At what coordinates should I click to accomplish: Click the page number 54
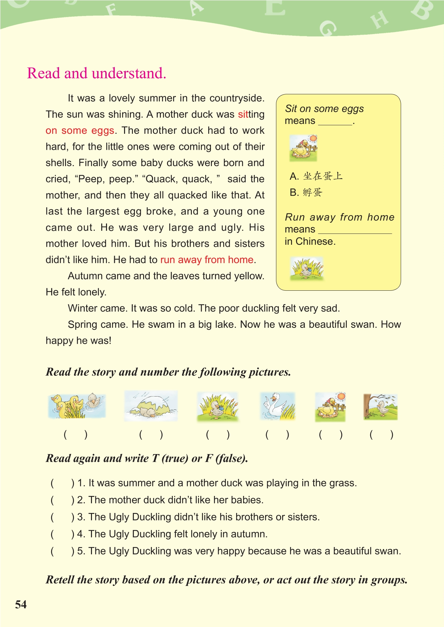click(x=21, y=604)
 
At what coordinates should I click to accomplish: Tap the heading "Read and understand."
click(x=96, y=73)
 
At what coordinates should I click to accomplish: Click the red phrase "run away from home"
click(x=207, y=260)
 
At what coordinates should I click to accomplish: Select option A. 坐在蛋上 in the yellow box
click(x=316, y=176)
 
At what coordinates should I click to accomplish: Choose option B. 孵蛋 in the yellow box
click(x=306, y=192)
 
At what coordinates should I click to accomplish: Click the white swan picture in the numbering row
click(x=277, y=406)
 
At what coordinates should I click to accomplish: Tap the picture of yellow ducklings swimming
click(x=77, y=406)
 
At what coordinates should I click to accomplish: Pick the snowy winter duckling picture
click(x=151, y=406)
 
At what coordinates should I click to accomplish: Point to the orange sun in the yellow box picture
click(x=313, y=138)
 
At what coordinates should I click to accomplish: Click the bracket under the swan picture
click(x=277, y=435)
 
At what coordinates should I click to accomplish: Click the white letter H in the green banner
click(x=380, y=20)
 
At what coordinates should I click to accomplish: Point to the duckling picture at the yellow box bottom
click(x=306, y=269)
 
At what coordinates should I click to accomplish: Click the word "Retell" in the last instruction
click(x=60, y=580)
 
